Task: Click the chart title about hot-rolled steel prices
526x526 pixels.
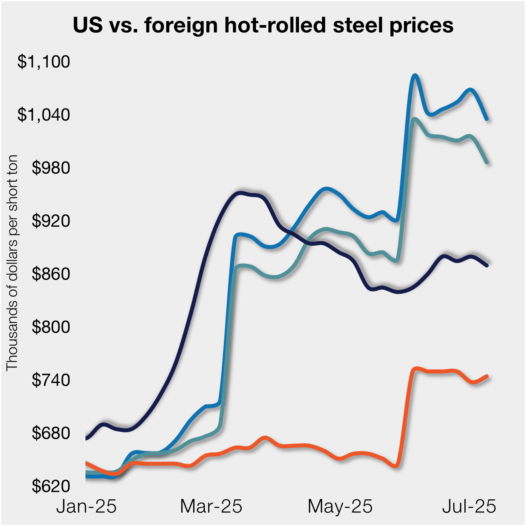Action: [263, 25]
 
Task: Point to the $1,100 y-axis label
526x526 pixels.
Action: [44, 62]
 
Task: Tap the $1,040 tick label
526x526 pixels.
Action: [44, 115]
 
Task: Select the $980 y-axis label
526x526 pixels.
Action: [51, 168]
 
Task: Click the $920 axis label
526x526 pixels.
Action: [51, 221]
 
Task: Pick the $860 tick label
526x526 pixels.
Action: [51, 274]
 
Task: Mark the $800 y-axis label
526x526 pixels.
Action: [51, 327]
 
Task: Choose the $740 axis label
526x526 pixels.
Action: [51, 380]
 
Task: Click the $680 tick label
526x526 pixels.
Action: [51, 433]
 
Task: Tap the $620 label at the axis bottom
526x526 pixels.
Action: [51, 486]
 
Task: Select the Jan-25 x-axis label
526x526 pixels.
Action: [86, 507]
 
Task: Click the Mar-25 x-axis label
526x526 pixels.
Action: [211, 507]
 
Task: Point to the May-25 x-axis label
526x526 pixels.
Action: [340, 507]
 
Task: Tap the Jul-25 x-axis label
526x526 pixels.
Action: [469, 507]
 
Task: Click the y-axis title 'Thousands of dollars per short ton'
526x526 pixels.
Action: [12, 262]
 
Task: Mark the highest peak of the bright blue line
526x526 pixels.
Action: [415, 75]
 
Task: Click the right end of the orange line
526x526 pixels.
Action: [487, 376]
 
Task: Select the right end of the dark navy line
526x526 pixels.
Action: [487, 265]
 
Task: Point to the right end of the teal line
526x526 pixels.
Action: [487, 162]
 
